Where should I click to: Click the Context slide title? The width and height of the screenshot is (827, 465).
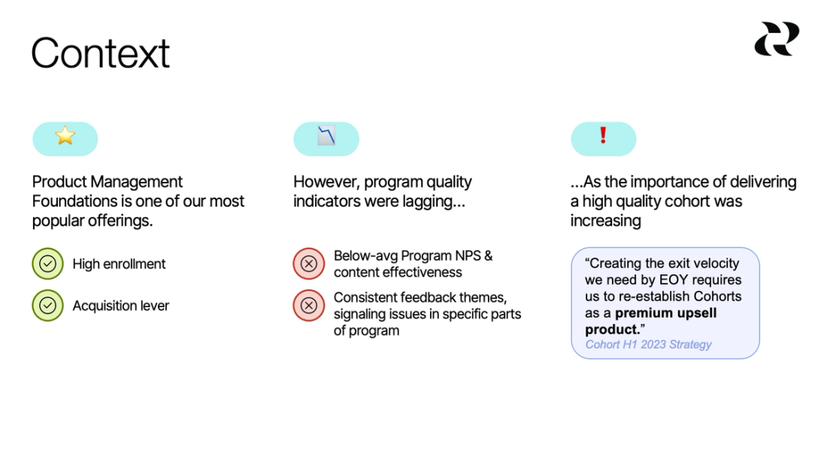101,53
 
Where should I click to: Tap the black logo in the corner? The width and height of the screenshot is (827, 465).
777,38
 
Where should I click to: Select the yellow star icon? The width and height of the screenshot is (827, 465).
65,136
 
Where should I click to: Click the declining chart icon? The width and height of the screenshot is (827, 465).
326,137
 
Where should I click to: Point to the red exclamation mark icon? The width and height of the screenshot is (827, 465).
603,135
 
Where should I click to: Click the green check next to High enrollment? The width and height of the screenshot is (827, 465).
47,264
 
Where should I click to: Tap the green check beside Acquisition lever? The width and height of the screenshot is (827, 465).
47,306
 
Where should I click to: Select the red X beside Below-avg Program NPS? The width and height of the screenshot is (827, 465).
308,264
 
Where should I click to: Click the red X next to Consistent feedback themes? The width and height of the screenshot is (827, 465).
308,306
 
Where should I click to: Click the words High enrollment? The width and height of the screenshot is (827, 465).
119,264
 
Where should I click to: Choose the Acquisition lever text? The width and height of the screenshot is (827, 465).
120,306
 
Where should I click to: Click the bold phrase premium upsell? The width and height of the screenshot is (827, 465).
666,313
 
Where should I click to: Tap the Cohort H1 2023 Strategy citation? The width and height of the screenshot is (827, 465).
648,345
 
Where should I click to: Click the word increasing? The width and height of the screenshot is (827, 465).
605,221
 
